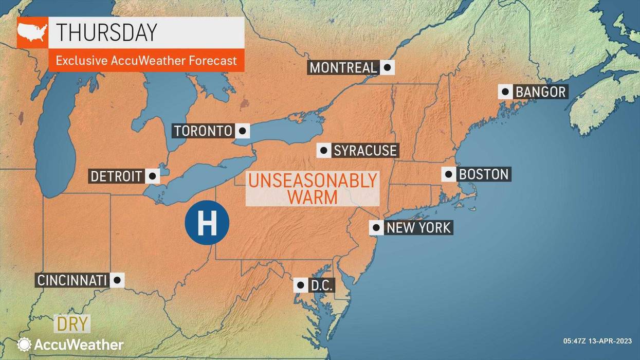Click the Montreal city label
point(343,67)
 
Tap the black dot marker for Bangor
point(505,92)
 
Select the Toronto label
point(204,131)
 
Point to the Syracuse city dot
point(324,150)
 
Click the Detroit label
point(116,176)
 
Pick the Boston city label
point(483,174)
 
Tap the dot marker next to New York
point(376,227)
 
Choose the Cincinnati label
point(72,280)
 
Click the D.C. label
point(322,285)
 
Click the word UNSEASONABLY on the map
point(313,181)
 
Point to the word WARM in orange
point(313,197)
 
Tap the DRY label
point(72,325)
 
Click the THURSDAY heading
point(106,32)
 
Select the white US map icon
point(32,32)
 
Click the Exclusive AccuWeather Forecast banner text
point(146,61)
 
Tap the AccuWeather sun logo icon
point(24,344)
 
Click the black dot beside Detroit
point(152,176)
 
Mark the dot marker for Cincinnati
point(117,280)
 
